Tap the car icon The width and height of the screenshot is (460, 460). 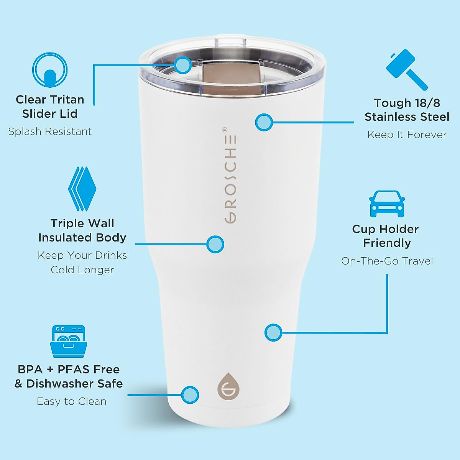pyautogui.click(x=387, y=204)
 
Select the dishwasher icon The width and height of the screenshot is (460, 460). pyautogui.click(x=68, y=341)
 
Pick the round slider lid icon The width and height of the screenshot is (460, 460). pyautogui.click(x=50, y=71)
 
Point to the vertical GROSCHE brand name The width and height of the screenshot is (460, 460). pyautogui.click(x=230, y=176)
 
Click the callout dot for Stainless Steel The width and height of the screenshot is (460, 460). pyautogui.click(x=264, y=123)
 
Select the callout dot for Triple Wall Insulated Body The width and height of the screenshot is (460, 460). pyautogui.click(x=215, y=244)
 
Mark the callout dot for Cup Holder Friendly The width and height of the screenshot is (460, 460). pyautogui.click(x=273, y=332)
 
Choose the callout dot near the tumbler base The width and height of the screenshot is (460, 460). pyautogui.click(x=190, y=394)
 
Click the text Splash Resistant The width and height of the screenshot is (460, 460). pyautogui.click(x=50, y=131)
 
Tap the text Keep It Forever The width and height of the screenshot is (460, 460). pyautogui.click(x=407, y=135)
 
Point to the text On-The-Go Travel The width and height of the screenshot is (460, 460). pyautogui.click(x=387, y=261)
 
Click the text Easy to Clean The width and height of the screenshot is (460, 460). pyautogui.click(x=72, y=401)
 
